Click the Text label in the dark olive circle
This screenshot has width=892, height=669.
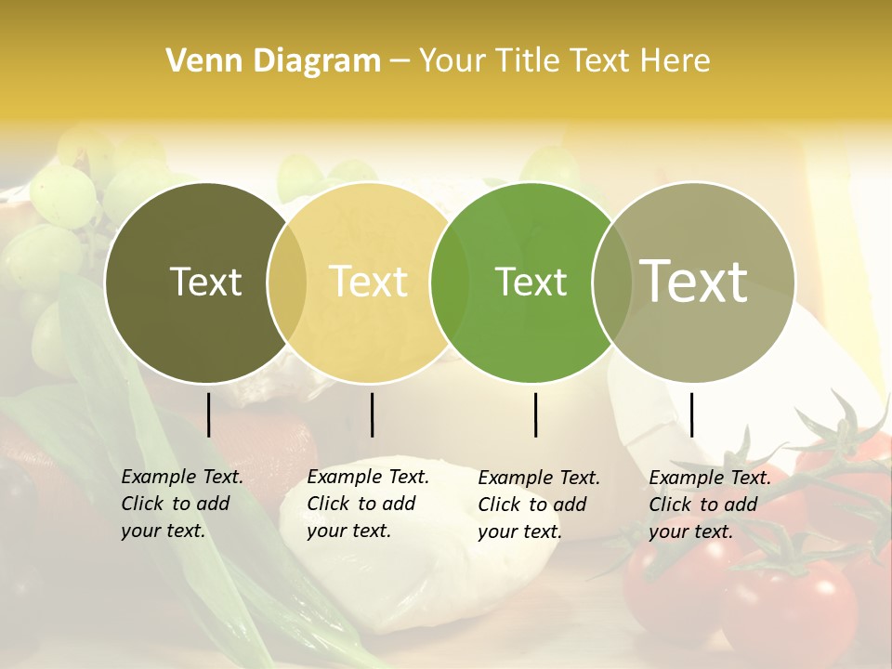205,282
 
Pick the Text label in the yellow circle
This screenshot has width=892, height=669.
369,282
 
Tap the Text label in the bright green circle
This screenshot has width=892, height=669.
531,282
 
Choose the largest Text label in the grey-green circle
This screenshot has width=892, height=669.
694,281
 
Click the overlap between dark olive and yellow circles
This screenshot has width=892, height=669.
287,282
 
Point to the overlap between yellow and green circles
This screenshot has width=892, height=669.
450,282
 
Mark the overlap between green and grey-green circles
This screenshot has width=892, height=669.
612,282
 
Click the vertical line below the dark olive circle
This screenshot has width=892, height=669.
209,414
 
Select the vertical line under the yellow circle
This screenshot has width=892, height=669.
372,414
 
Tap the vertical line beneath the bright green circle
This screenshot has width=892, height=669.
536,414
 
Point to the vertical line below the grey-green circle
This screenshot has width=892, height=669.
691,414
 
